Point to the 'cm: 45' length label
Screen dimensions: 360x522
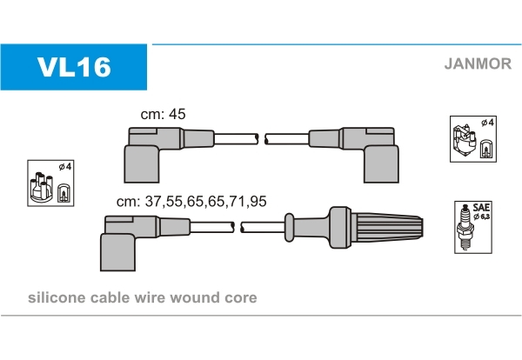(x=164, y=114)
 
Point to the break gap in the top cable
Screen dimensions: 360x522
(x=262, y=137)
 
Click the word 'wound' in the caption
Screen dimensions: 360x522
(x=193, y=297)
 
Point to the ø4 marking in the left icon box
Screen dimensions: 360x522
(x=63, y=165)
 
